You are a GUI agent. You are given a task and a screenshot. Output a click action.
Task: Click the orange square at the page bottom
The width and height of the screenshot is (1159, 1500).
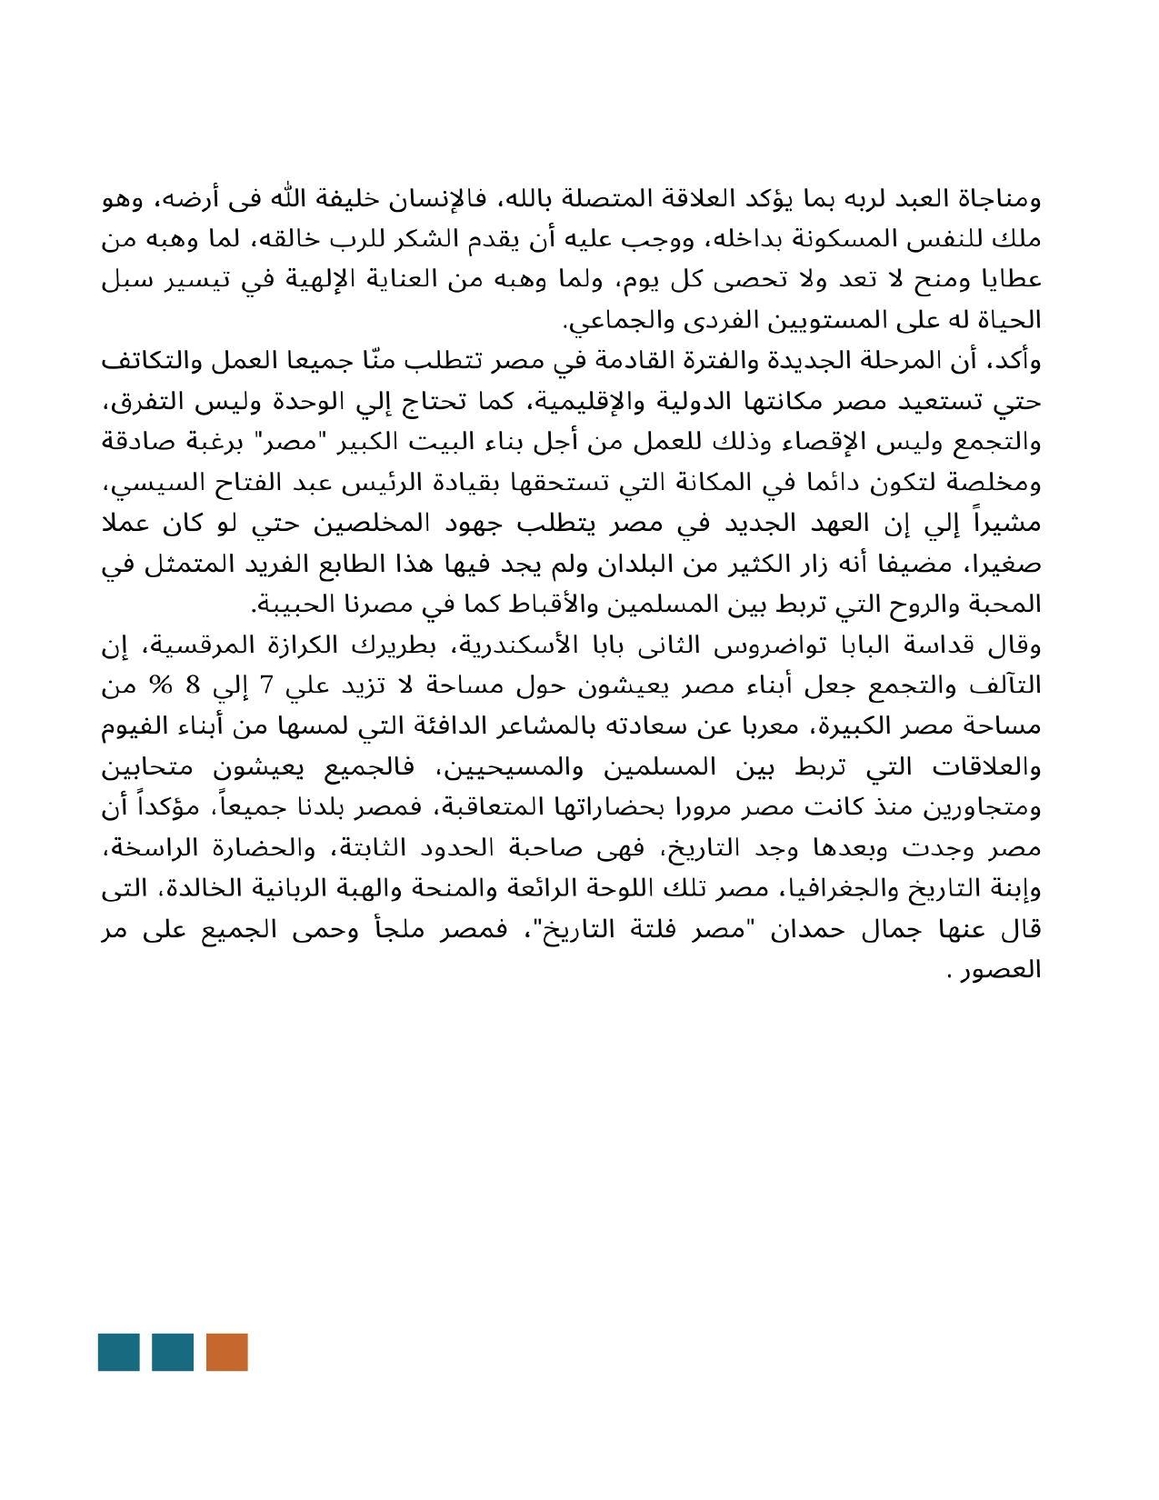[x=226, y=1352]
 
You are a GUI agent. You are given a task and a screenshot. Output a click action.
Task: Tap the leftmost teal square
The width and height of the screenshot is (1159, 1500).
[x=118, y=1352]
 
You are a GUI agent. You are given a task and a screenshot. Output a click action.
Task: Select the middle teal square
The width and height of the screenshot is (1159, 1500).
[x=173, y=1352]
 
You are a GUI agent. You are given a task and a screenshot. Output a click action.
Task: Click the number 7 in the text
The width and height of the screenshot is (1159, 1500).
[x=266, y=685]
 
